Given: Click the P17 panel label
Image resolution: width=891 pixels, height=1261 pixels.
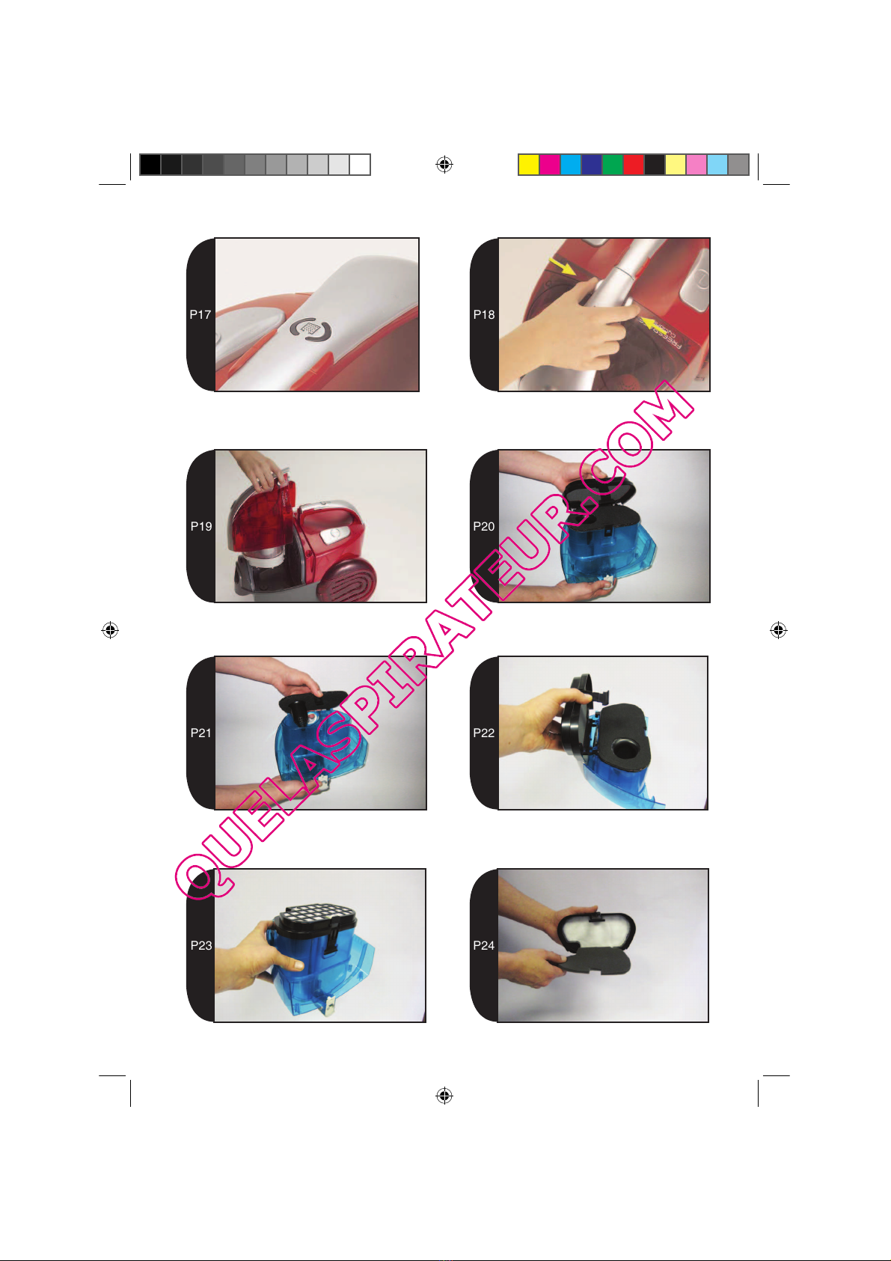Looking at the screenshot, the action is (200, 314).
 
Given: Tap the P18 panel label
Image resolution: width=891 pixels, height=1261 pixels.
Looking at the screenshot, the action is (483, 314).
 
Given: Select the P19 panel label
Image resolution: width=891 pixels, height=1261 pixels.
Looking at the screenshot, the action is (201, 526).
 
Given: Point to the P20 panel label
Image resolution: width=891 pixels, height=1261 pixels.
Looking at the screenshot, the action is (483, 526).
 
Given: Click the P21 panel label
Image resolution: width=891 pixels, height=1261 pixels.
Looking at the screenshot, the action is (201, 733).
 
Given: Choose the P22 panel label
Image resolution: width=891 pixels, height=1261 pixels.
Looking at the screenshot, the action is (483, 733).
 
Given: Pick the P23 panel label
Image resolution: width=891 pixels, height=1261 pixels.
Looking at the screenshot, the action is (201, 945).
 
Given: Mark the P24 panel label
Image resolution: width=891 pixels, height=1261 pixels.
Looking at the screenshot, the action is (483, 945).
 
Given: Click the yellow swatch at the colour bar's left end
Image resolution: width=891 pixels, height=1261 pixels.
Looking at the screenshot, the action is (528, 165).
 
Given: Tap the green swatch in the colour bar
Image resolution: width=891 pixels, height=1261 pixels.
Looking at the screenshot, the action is (613, 165).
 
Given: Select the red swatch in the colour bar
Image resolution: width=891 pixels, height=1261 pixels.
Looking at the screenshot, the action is (633, 165).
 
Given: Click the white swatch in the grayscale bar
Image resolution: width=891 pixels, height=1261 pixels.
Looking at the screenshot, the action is (360, 165).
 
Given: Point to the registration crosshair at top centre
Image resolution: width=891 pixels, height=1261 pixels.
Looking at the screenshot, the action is (444, 165).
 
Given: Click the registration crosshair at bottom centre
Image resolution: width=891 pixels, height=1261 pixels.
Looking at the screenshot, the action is (444, 1095).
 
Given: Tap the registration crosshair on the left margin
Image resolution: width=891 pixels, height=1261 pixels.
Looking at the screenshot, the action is (110, 630).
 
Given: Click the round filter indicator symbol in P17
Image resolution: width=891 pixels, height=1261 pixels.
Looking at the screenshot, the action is (310, 329).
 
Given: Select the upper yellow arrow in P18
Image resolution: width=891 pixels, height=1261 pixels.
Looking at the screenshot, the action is (562, 266).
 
